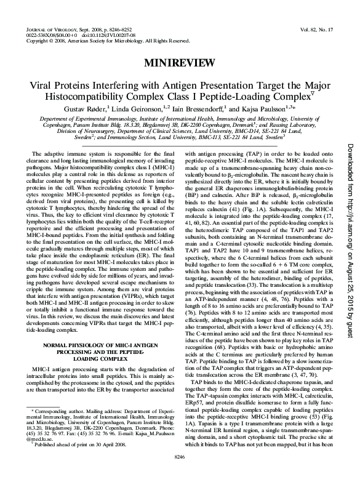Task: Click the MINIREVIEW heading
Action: click(180, 63)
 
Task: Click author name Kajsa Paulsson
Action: click(265, 109)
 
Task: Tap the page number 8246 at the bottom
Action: click(180, 474)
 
